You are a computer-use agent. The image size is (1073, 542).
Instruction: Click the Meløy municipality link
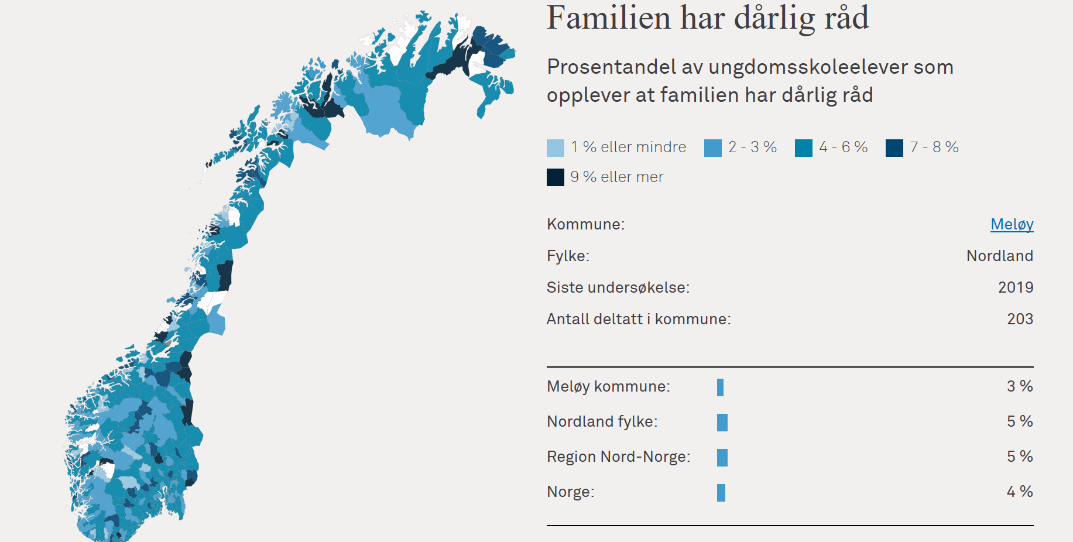tap(1012, 225)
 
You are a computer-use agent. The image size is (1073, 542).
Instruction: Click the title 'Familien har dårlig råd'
tap(708, 18)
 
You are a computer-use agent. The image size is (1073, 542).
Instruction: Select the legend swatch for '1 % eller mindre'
tap(556, 148)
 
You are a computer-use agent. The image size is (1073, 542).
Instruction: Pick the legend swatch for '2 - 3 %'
tap(713, 148)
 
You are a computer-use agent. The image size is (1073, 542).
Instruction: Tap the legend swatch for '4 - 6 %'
tap(804, 148)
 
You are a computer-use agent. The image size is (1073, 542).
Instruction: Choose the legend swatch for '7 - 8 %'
tap(894, 148)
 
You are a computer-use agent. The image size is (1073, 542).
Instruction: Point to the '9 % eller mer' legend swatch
tap(556, 177)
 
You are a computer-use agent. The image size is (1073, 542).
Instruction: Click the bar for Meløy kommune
tap(720, 387)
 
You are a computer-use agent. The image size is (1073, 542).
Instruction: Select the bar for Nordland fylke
tap(722, 423)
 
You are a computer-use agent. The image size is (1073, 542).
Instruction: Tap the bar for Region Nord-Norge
tap(722, 458)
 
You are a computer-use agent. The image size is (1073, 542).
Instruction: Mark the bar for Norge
tap(721, 493)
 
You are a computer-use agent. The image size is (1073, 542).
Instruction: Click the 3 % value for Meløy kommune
tap(1020, 386)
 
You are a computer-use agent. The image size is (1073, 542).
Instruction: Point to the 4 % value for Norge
tap(1020, 492)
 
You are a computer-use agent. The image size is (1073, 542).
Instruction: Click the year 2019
tap(1016, 287)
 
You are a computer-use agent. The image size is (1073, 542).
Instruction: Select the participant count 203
tap(1020, 319)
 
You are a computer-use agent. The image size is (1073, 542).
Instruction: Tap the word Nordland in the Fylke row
tap(1000, 256)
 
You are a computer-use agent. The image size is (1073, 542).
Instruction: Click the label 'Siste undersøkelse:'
tap(618, 287)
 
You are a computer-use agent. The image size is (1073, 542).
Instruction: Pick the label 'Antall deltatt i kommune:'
tap(639, 319)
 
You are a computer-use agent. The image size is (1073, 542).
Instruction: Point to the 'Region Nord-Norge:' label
tap(619, 457)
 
